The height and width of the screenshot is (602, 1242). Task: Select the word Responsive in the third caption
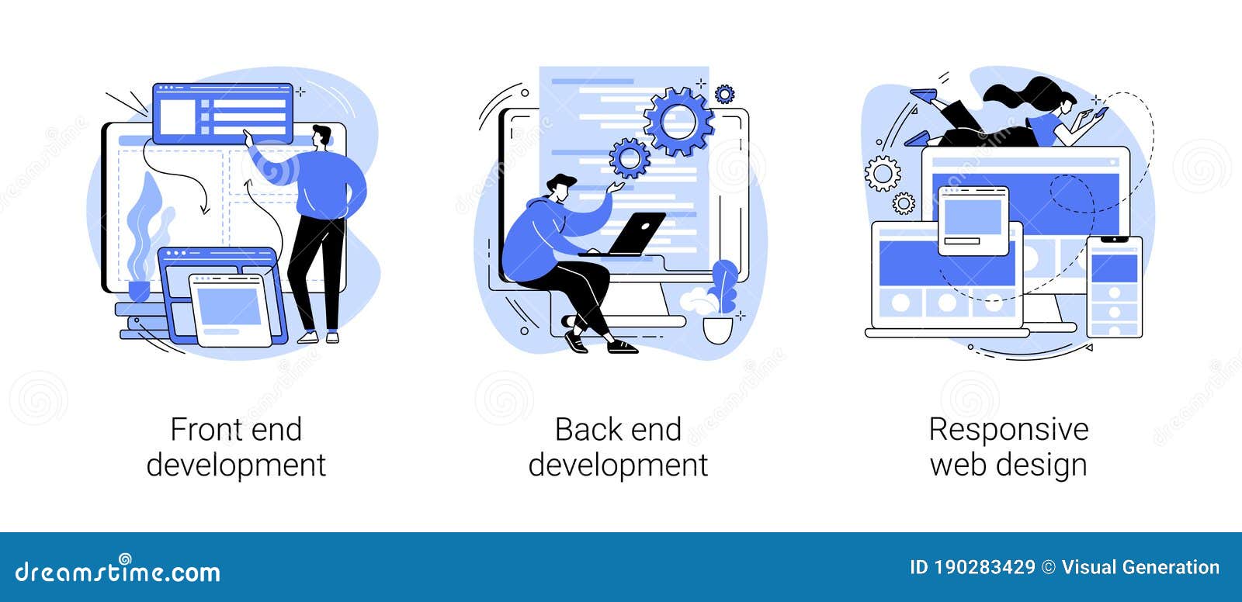tap(1008, 430)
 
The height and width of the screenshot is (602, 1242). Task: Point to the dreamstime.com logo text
tap(118, 572)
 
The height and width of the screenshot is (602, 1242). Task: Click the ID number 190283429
tap(984, 568)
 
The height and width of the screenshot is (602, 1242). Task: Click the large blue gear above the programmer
tap(678, 121)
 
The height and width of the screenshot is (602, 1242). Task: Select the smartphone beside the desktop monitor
tap(1114, 286)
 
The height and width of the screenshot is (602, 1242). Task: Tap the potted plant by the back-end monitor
tap(720, 303)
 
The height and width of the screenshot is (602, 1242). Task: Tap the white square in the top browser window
tap(177, 116)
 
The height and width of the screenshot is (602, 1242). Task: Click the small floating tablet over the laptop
tap(973, 220)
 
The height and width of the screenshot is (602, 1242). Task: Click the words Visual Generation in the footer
tap(1140, 568)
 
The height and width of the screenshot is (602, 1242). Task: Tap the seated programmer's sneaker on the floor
tap(621, 346)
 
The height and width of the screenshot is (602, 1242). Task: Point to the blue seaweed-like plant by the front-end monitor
tap(147, 225)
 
